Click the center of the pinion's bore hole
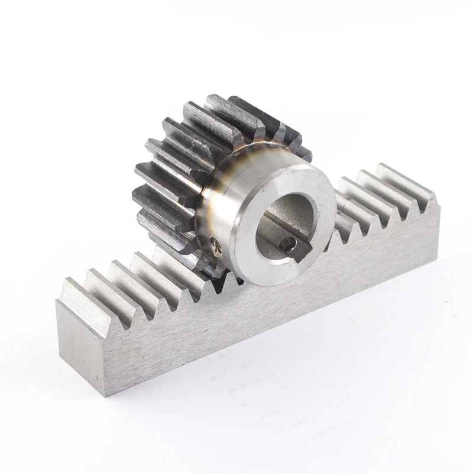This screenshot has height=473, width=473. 283,225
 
